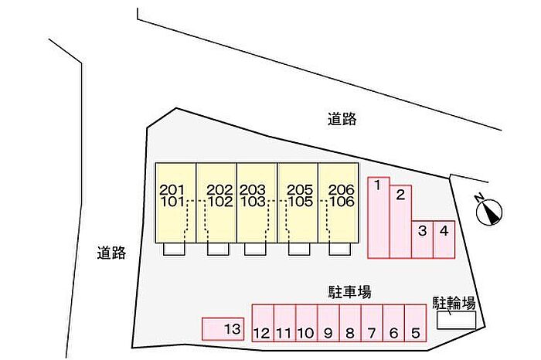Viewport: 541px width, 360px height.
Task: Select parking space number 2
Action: (400, 221)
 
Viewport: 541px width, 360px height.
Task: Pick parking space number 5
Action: (415, 323)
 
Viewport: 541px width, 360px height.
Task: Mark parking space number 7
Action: (372, 323)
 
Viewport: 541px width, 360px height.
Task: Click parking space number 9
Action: (328, 323)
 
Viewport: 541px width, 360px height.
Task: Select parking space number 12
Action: (263, 323)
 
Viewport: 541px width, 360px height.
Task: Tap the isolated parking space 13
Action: (223, 329)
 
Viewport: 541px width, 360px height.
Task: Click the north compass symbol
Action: (489, 209)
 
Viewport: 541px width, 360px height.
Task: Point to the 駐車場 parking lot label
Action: (349, 291)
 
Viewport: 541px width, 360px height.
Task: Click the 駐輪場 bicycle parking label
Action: (454, 302)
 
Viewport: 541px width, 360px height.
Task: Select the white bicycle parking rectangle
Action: (457, 320)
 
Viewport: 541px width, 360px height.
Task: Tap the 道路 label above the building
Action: (341, 119)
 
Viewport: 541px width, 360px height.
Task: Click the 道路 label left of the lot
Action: (111, 253)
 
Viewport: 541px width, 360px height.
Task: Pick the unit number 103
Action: (252, 202)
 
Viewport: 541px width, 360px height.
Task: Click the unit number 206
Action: (341, 190)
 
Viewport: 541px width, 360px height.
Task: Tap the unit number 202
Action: (220, 190)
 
